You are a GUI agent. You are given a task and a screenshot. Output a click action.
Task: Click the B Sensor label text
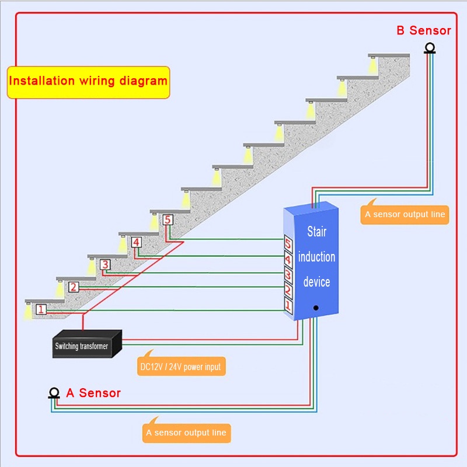coord(424,30)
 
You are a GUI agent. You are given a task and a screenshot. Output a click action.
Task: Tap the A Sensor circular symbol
coord(54,393)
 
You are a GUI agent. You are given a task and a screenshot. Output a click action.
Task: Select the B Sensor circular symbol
coord(430,48)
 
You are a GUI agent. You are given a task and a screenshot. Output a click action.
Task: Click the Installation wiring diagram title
coord(88,81)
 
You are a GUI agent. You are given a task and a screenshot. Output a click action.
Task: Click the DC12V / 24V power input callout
coord(181,367)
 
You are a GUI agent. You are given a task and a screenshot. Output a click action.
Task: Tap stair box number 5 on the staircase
coord(168,220)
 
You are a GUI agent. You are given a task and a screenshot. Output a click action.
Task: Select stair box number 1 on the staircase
coord(41,309)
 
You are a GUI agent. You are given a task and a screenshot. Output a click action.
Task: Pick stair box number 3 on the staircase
coord(104,264)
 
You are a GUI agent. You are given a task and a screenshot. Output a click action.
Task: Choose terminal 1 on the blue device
coord(288,304)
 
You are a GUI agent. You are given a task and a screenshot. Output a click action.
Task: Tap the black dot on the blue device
coord(316,307)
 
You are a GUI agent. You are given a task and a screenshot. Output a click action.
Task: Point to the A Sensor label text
coord(93,393)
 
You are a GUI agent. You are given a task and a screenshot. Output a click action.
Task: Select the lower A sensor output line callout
coord(187,433)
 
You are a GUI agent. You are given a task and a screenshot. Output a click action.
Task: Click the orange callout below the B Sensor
coord(405,214)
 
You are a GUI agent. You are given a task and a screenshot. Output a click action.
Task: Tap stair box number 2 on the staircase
coord(74,287)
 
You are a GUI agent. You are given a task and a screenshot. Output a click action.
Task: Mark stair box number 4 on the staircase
coord(136,242)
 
